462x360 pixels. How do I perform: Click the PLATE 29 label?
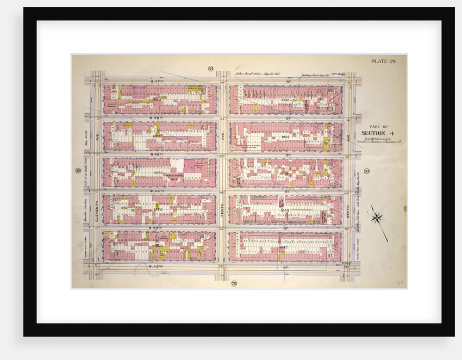click(384, 61)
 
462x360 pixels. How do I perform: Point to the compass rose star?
click(376, 218)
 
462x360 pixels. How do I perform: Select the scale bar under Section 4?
click(379, 142)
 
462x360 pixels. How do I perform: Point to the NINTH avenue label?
click(348, 212)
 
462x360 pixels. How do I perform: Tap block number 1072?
click(158, 209)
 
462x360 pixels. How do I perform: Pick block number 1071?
click(159, 246)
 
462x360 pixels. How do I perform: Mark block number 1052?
click(283, 246)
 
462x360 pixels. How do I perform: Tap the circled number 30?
click(367, 172)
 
